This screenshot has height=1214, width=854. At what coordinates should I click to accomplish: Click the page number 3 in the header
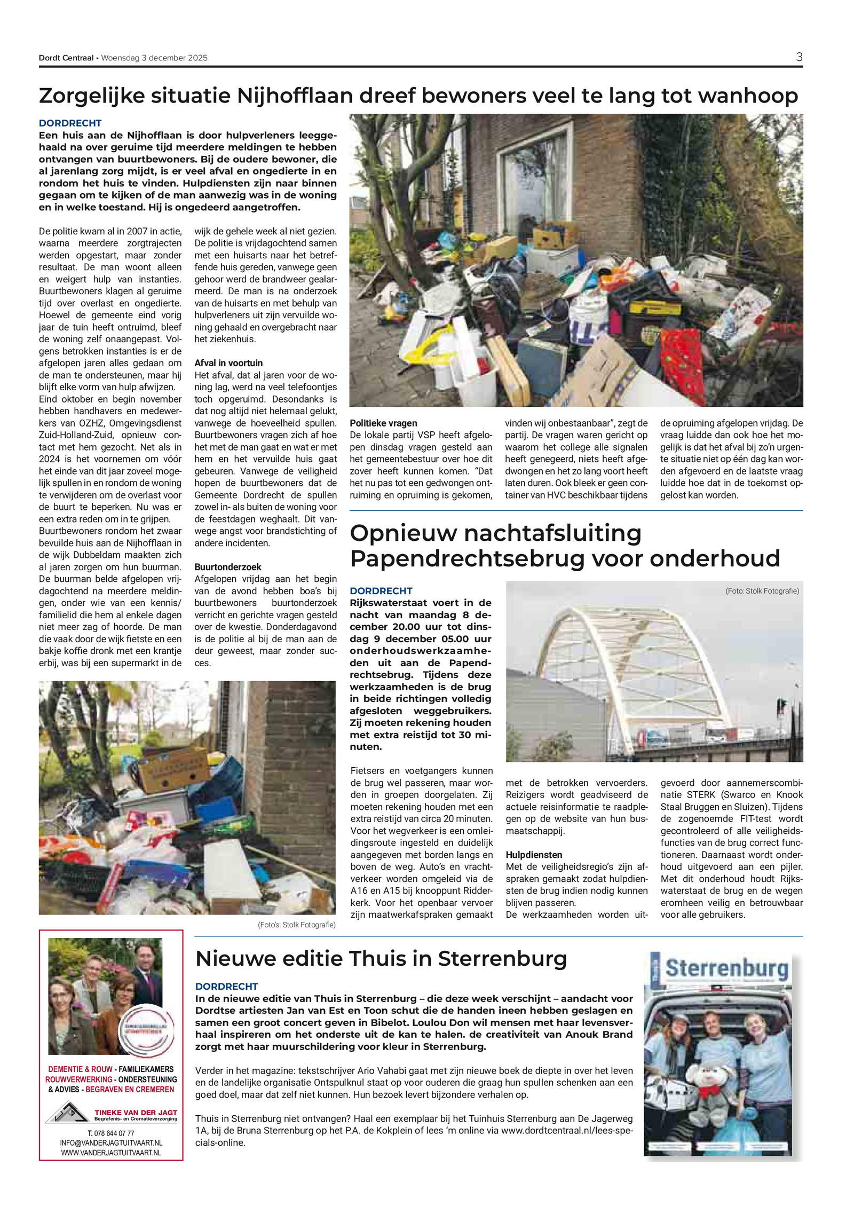(x=798, y=57)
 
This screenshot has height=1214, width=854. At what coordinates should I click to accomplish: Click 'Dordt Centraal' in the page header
(x=66, y=58)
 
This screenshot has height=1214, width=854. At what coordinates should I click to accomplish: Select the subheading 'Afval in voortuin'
(x=228, y=363)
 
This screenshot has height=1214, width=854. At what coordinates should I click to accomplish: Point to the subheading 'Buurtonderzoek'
(x=227, y=567)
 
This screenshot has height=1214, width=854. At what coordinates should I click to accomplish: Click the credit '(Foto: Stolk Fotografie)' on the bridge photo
(x=762, y=591)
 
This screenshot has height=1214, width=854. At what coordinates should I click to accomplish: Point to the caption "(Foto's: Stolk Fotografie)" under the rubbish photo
(x=296, y=925)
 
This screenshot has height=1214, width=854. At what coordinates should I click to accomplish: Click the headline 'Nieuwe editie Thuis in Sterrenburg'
(x=381, y=959)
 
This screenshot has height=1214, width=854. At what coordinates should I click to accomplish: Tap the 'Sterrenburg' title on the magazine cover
(x=726, y=968)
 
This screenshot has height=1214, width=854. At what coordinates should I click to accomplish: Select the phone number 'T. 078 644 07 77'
(x=111, y=1133)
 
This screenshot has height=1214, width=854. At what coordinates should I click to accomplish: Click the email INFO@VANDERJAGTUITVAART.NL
(x=111, y=1143)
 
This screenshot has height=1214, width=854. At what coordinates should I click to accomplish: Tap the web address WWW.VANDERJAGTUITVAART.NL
(x=111, y=1153)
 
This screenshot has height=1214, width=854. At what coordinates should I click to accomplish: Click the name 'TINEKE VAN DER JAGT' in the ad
(x=136, y=1113)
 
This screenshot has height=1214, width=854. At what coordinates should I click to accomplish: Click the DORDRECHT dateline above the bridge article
(x=381, y=591)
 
